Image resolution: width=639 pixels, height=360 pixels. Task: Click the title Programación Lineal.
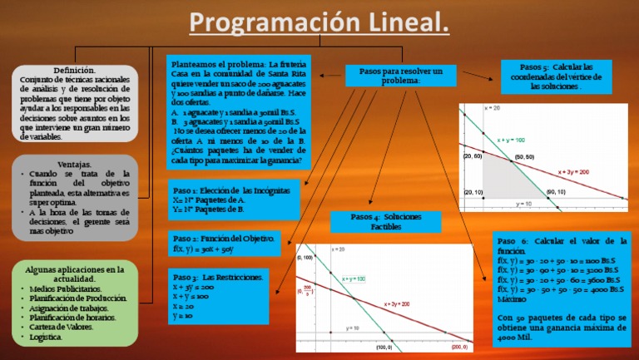[319, 22]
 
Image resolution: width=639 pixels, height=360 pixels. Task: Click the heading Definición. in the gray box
[74, 71]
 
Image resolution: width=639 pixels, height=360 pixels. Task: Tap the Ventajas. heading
[75, 164]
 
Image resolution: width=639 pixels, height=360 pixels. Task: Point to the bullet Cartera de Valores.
[63, 326]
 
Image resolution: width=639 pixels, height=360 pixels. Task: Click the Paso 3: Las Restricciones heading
[219, 277]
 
